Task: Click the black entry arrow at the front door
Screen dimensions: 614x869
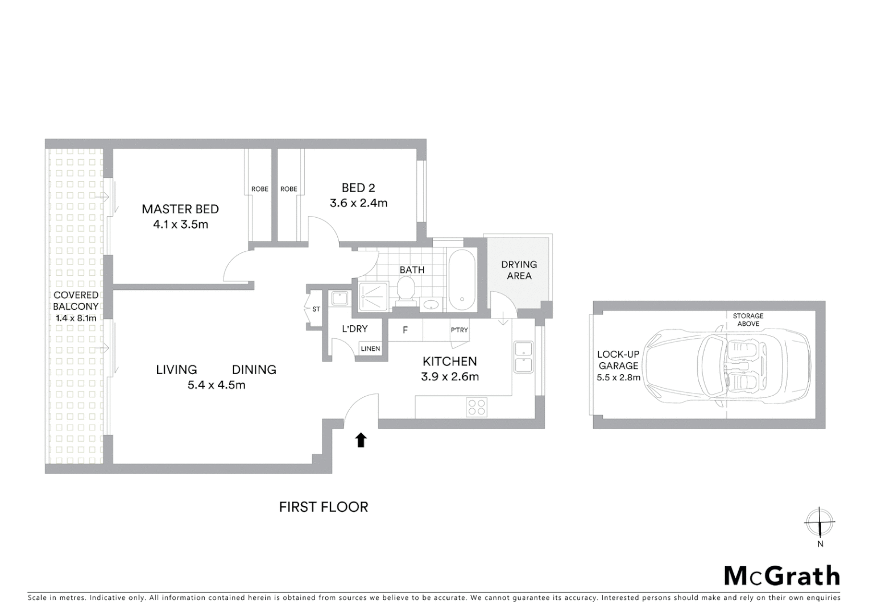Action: click(x=361, y=440)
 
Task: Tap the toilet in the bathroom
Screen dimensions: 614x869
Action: click(x=406, y=292)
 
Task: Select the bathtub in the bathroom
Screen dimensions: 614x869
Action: click(x=461, y=280)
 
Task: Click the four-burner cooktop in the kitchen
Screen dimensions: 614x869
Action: click(x=477, y=406)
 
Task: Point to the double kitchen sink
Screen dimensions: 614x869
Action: click(x=523, y=356)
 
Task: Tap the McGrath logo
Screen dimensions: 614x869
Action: click(x=781, y=576)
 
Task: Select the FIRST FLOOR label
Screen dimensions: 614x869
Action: click(x=324, y=507)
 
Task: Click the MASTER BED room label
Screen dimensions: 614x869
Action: click(x=180, y=209)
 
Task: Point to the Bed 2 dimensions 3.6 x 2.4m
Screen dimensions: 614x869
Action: click(x=358, y=203)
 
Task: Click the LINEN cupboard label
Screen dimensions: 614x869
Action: click(x=370, y=349)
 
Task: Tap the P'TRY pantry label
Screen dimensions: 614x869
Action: click(x=459, y=330)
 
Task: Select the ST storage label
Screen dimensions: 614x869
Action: click(x=316, y=309)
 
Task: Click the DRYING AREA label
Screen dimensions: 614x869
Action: click(x=519, y=270)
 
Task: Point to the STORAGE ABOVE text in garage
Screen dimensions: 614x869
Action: click(x=748, y=320)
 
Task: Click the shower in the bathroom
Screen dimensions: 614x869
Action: click(x=373, y=296)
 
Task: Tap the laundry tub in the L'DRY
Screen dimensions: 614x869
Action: click(x=340, y=299)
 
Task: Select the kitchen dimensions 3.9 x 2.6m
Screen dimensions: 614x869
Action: click(x=449, y=376)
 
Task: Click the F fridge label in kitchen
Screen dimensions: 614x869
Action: click(x=405, y=330)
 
